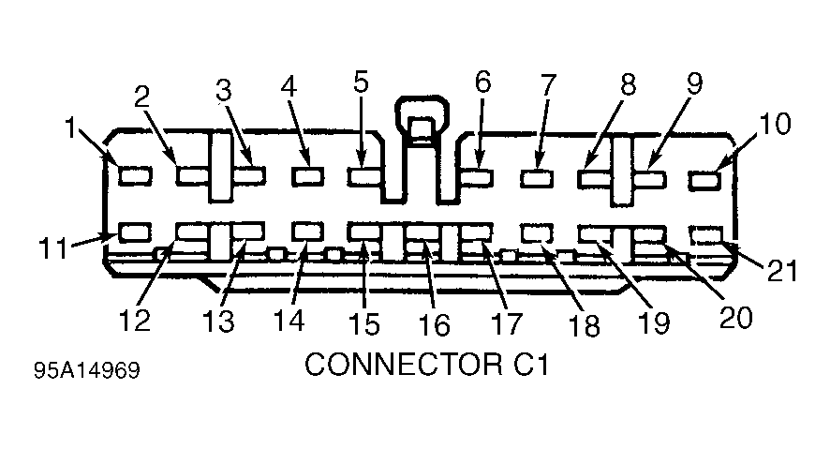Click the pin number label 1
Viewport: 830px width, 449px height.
[x=70, y=128]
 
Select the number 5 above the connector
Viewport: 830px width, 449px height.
[x=361, y=82]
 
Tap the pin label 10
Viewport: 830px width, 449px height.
[x=775, y=124]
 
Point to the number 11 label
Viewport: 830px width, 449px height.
[x=53, y=247]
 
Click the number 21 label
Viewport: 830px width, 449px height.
[x=782, y=271]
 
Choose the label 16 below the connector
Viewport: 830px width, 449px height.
[x=434, y=324]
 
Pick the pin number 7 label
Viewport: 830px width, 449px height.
[x=548, y=84]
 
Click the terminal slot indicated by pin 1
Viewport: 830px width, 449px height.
[x=135, y=176]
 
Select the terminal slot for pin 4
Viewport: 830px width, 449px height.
[x=307, y=176]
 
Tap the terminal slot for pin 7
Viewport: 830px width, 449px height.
[x=537, y=178]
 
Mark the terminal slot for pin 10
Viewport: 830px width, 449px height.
[x=704, y=180]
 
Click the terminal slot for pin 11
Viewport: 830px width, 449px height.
[x=135, y=232]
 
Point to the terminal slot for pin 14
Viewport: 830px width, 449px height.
[x=307, y=232]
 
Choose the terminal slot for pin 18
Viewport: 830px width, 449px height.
[x=537, y=232]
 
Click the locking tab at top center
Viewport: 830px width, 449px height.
[x=422, y=122]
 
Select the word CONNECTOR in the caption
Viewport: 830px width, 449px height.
[x=402, y=364]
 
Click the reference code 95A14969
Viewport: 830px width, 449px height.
[x=87, y=370]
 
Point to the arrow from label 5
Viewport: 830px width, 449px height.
[x=361, y=129]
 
